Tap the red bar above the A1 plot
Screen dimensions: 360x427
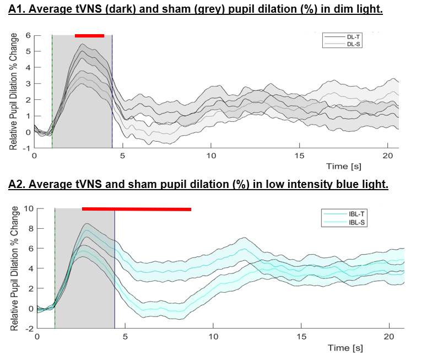coord(89,36)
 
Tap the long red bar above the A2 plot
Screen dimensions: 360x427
coord(136,209)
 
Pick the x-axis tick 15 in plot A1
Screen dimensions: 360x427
coord(299,156)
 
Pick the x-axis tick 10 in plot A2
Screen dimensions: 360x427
coord(213,336)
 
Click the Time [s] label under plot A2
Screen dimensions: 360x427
coord(345,348)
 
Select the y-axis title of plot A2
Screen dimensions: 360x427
coord(14,268)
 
